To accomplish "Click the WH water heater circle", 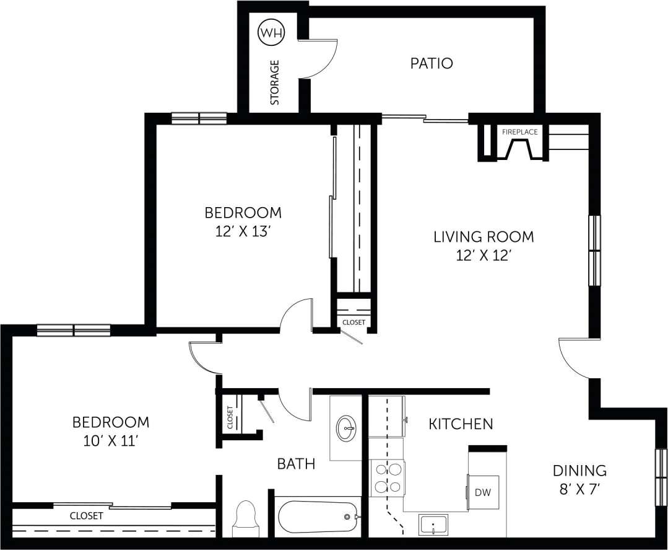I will tap(271, 33).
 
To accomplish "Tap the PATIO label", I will tap(432, 63).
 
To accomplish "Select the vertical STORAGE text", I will tap(275, 82).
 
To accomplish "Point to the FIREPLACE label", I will tap(519, 132).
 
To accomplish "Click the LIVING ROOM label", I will tap(483, 236).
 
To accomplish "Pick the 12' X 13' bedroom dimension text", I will tap(243, 231).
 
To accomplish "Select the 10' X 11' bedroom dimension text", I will tap(111, 441).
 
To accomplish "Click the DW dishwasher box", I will tap(483, 492).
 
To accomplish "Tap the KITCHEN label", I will tap(461, 424).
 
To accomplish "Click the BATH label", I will tap(296, 464).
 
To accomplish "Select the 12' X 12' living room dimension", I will tap(483, 255).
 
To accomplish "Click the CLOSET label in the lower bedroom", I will tap(86, 515).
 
